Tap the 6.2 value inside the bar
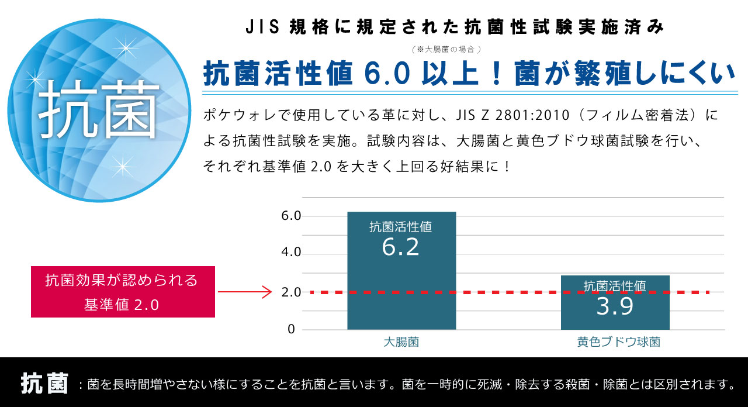(401, 247)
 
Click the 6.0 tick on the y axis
(291, 216)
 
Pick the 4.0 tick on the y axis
(291, 253)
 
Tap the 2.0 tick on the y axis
(291, 292)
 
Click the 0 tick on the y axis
(291, 329)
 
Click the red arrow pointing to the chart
(245, 291)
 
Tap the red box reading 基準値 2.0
(123, 292)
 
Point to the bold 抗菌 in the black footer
(44, 384)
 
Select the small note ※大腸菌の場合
(446, 49)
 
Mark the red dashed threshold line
(508, 292)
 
